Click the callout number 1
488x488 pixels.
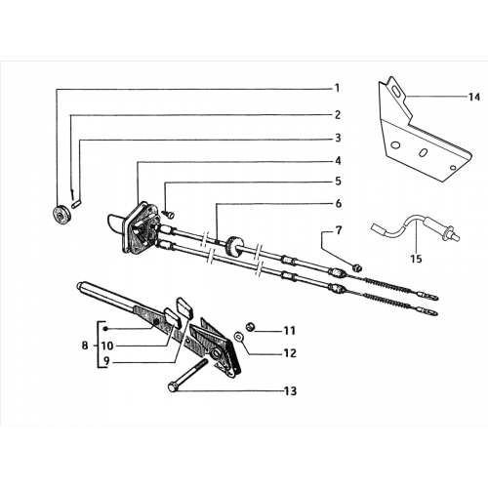pyautogui.click(x=338, y=88)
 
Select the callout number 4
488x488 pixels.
pyautogui.click(x=338, y=161)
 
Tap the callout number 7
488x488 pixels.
pyautogui.click(x=339, y=230)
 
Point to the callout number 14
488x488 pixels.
pyautogui.click(x=474, y=97)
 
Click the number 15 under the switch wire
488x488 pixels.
pyautogui.click(x=416, y=259)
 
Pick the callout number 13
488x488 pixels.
pyautogui.click(x=291, y=391)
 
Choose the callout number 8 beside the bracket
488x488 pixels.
pyautogui.click(x=85, y=346)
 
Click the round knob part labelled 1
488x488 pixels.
pyautogui.click(x=61, y=215)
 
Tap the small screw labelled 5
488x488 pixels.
pyautogui.click(x=170, y=215)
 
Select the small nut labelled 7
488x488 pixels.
pyautogui.click(x=357, y=267)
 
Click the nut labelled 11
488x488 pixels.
pyautogui.click(x=250, y=326)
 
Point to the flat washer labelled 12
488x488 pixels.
pyautogui.click(x=239, y=337)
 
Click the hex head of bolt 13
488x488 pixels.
pyautogui.click(x=173, y=386)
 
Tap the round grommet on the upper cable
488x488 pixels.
pyautogui.click(x=233, y=246)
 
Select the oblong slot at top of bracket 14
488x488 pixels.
pyautogui.click(x=396, y=91)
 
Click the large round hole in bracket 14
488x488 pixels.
pyautogui.click(x=395, y=144)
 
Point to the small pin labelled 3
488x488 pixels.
pyautogui.click(x=77, y=206)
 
